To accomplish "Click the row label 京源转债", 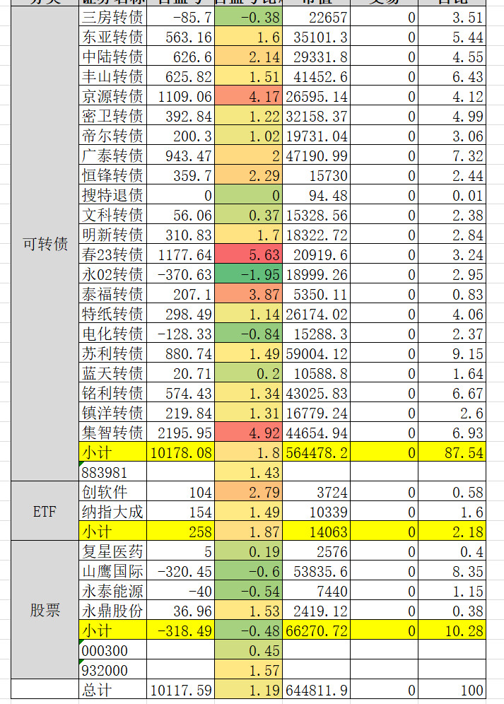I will point(112,96).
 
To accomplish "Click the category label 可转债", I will point(45,245).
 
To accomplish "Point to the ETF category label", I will point(45,512).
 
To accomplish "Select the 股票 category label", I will point(45,610).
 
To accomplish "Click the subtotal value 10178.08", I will point(182,452).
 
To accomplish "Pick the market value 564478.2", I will point(317,452).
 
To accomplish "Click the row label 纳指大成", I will point(112,512).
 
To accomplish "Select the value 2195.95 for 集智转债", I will point(182,433).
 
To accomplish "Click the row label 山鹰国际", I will point(112,571).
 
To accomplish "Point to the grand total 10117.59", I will point(182,690).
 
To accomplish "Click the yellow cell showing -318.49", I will point(182,630).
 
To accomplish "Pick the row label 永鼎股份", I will point(112,611).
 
